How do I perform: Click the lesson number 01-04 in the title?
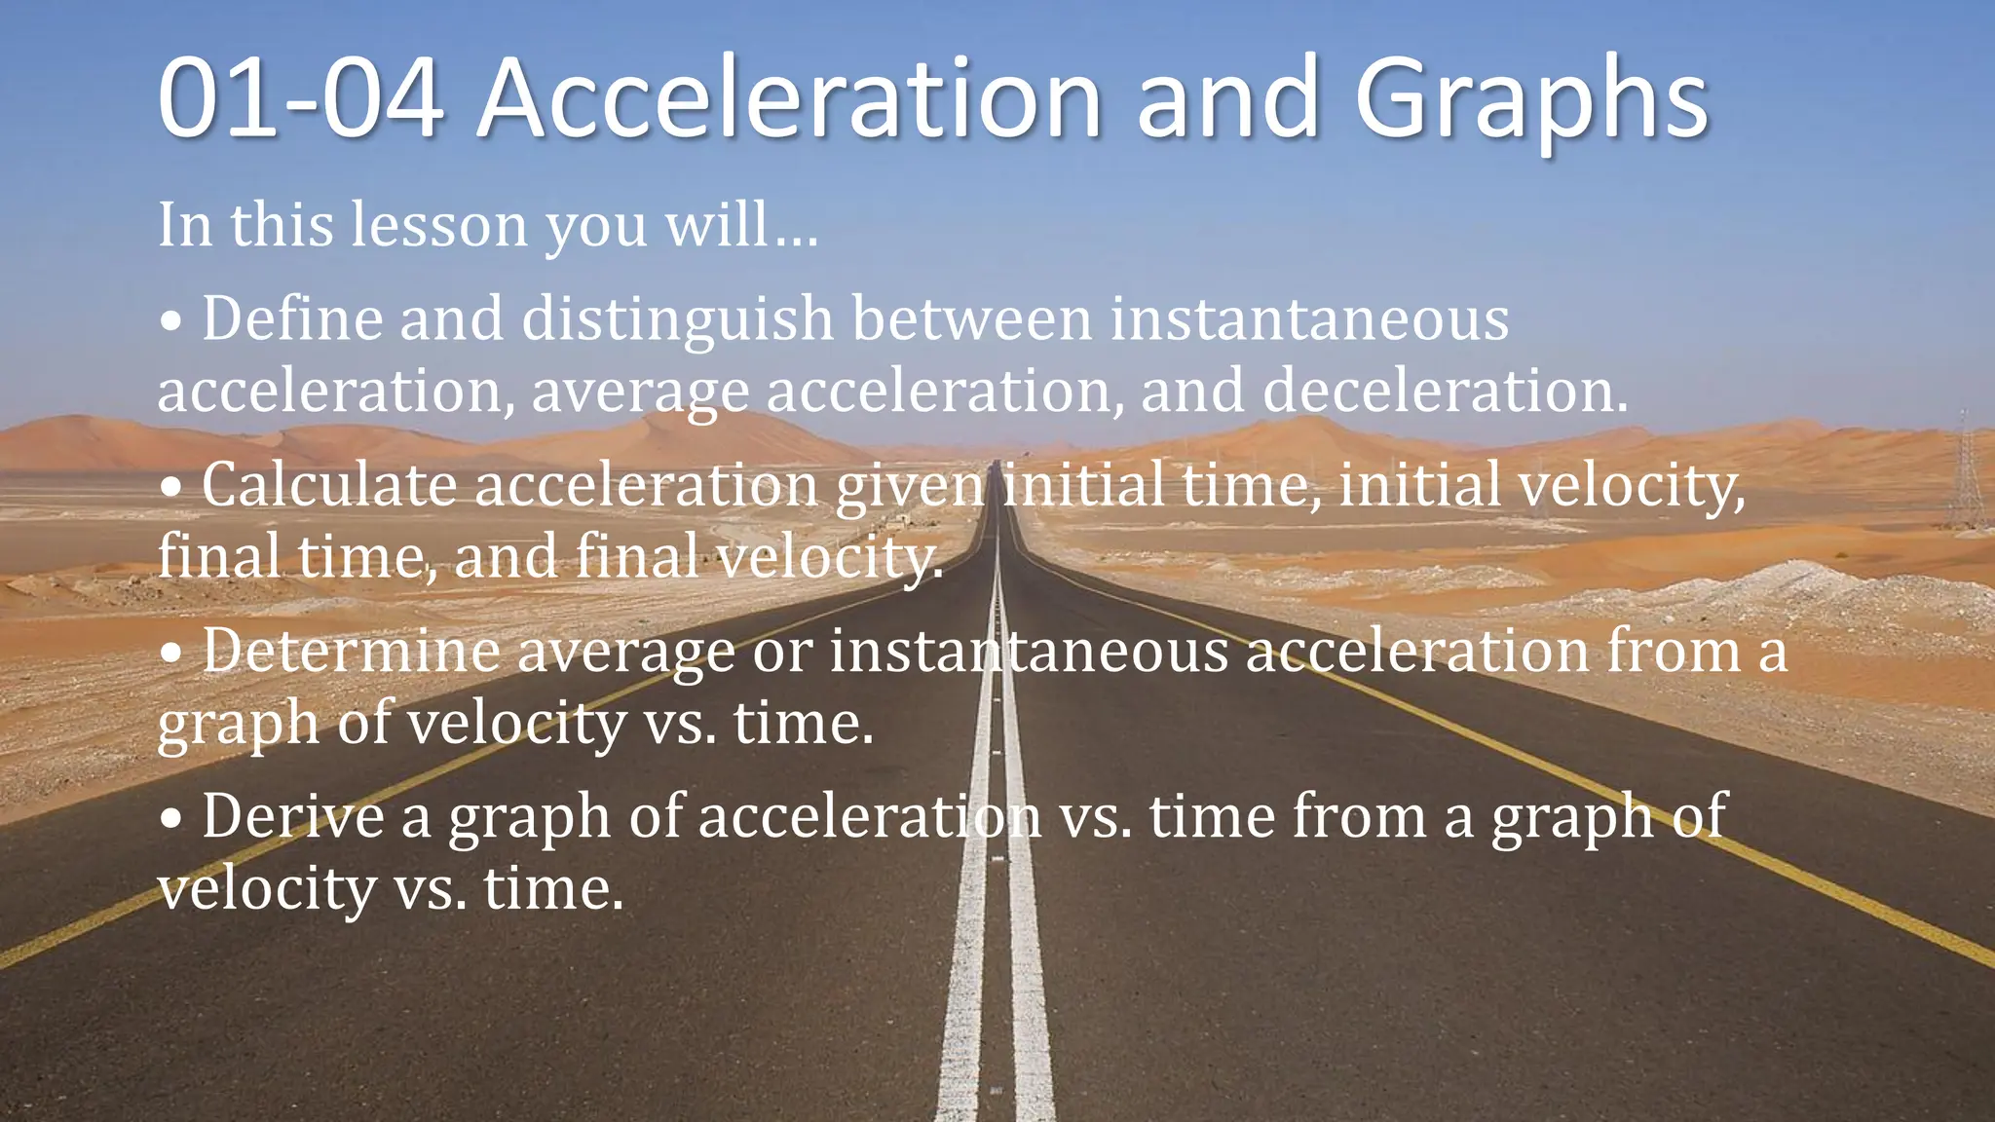[x=300, y=99]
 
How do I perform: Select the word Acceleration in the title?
[x=789, y=99]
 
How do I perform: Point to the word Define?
[x=292, y=318]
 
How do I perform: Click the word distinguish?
[x=678, y=320]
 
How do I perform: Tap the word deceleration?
[x=1445, y=391]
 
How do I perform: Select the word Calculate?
[x=329, y=484]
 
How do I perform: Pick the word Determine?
[x=351, y=651]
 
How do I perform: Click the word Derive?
[x=292, y=816]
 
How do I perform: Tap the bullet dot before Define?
[x=171, y=322]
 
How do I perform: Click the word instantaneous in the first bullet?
[x=1309, y=318]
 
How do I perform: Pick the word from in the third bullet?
[x=1673, y=651]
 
